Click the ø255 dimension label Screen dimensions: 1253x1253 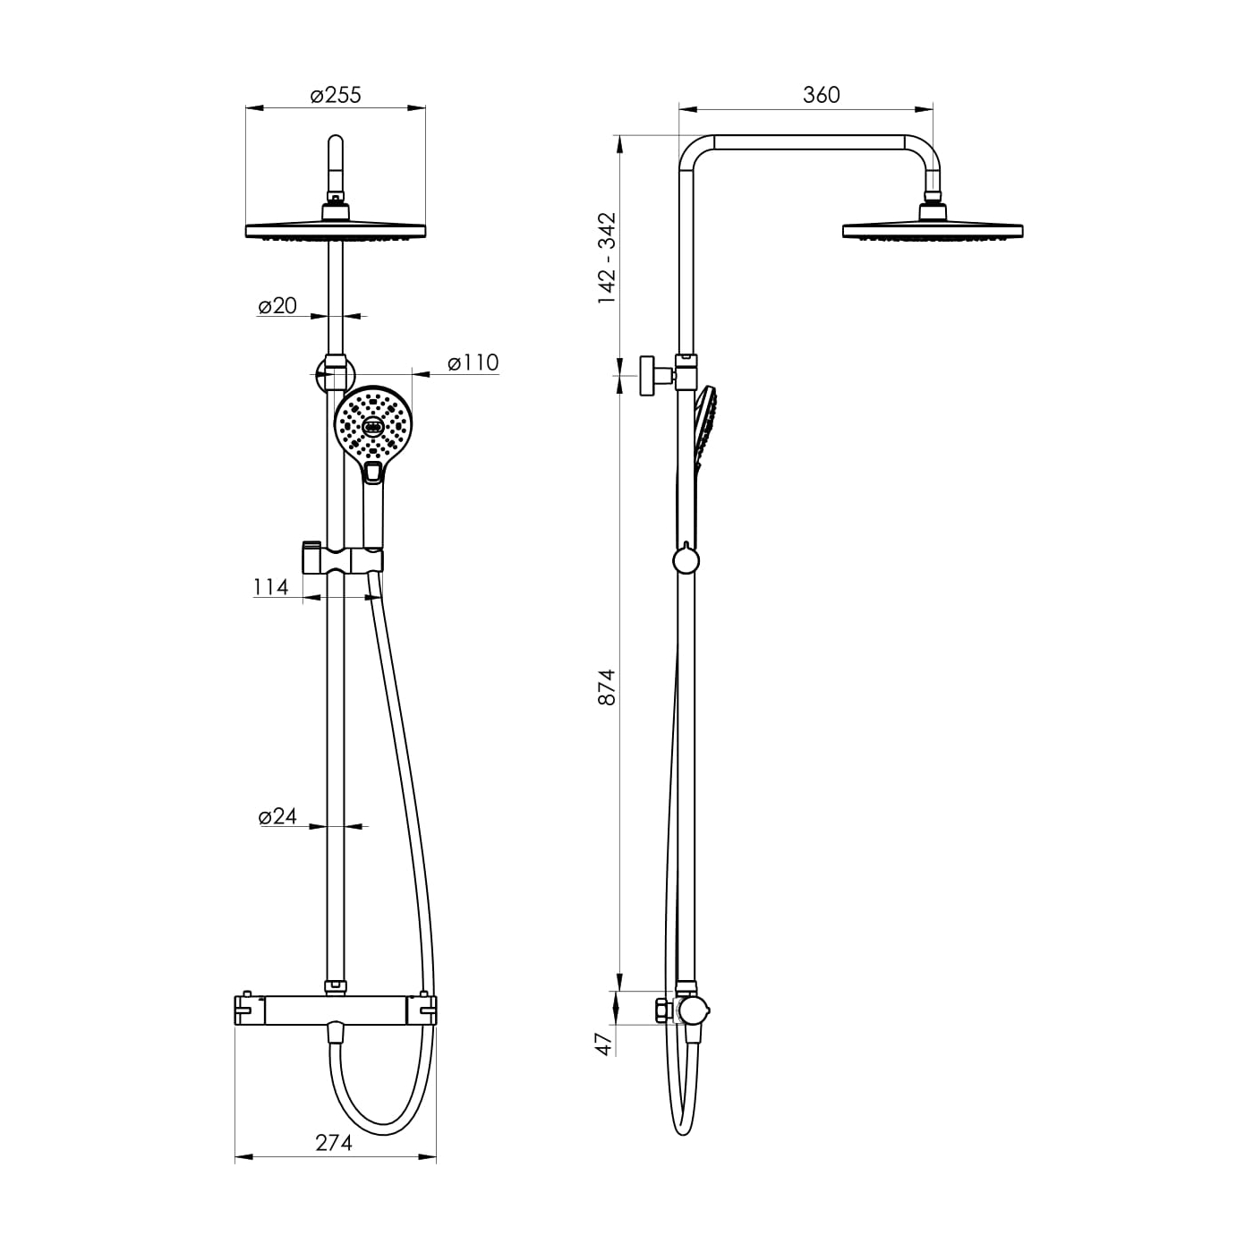[x=336, y=95]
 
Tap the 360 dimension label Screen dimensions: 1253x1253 [x=822, y=95]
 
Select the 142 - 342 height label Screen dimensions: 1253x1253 [x=607, y=258]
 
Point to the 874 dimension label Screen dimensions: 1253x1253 [x=606, y=686]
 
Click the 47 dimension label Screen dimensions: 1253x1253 [x=605, y=1044]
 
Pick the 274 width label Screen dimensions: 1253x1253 [x=334, y=1142]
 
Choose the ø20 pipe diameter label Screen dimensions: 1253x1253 [x=277, y=305]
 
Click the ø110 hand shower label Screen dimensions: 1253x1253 [x=473, y=362]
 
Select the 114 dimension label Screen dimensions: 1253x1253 [x=270, y=587]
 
